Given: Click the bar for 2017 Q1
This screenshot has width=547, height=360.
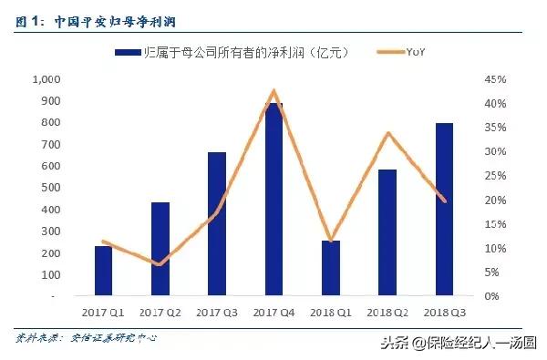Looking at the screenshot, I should tap(103, 271).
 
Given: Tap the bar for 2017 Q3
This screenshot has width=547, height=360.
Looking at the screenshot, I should tap(217, 223).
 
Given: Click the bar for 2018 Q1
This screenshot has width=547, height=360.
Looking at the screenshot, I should tap(331, 268).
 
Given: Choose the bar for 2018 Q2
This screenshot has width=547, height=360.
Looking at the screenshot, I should tap(387, 232).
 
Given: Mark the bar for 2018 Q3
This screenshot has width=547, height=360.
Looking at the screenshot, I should tap(444, 209).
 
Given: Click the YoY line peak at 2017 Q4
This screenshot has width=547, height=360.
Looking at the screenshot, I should tap(273, 91).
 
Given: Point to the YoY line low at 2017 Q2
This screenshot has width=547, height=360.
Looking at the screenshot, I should tap(160, 264).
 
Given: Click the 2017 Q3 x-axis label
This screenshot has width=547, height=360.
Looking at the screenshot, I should tap(217, 313).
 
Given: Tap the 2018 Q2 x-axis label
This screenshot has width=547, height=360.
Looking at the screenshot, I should tap(387, 313).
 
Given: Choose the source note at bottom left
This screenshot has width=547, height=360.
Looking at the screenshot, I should tap(86, 337).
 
